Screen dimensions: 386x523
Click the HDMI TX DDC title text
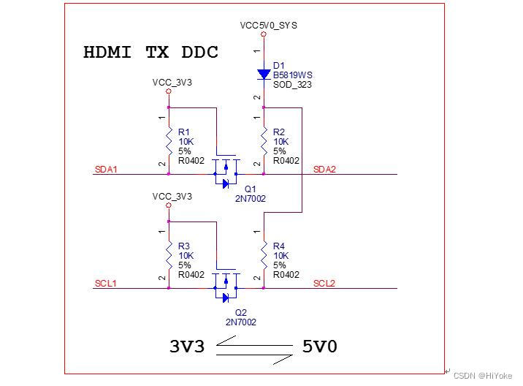tap(150, 52)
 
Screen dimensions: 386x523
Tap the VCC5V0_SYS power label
tap(268, 25)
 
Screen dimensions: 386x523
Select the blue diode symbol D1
tap(264, 74)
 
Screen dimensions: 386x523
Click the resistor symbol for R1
tap(169, 140)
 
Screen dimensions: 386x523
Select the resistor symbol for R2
tap(264, 140)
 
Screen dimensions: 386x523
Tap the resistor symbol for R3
tap(169, 255)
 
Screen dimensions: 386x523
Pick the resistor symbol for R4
tap(264, 255)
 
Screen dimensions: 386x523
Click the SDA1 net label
tap(106, 170)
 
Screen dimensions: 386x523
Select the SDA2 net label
tap(324, 170)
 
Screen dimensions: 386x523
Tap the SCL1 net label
tap(106, 284)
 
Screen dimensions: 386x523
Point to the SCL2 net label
tap(324, 284)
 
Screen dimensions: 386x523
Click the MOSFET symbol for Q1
tap(226, 173)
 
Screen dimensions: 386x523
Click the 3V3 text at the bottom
tap(186, 347)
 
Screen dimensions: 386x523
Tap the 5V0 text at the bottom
tap(320, 347)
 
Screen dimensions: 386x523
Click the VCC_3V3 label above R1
tap(172, 83)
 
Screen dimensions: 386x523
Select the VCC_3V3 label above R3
tap(172, 197)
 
